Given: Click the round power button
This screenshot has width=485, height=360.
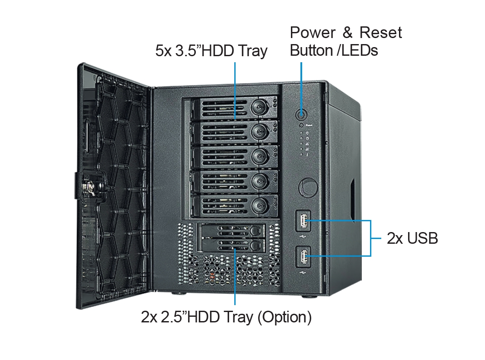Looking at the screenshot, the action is [x=301, y=115].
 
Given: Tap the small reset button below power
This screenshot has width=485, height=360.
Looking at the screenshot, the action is [x=301, y=125].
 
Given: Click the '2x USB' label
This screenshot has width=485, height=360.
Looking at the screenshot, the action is [x=412, y=239].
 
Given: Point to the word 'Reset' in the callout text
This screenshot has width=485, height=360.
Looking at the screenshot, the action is [x=380, y=32].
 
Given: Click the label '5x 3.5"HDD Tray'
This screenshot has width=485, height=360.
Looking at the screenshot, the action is [x=211, y=51].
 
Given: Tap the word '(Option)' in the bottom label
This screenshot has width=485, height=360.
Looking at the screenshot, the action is [x=284, y=317].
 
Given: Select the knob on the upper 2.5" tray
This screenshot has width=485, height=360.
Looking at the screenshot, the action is [x=255, y=230].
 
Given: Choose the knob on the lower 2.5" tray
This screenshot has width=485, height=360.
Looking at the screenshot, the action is [x=255, y=246].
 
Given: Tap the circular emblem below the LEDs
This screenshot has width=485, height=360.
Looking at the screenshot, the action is [x=308, y=188].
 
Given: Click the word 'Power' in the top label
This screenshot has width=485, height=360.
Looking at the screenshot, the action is [x=313, y=32].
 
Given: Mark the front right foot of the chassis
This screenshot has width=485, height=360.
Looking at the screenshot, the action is [x=310, y=296].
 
